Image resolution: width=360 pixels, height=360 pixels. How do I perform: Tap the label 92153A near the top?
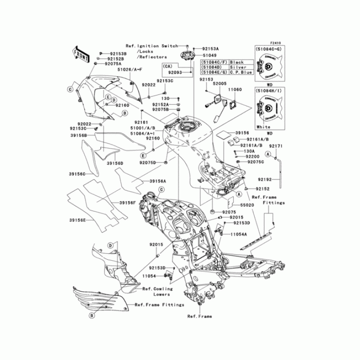[x=210, y=49]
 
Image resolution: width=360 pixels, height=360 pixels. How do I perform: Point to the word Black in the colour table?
[x=236, y=62]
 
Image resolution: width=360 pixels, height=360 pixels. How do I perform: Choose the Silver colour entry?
[x=237, y=67]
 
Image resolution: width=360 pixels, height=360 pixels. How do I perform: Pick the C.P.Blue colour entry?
[x=239, y=72]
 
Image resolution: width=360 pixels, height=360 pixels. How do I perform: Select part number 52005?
[x=220, y=84]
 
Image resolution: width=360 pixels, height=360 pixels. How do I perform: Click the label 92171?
[x=275, y=146]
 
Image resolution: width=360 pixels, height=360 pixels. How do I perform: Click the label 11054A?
[x=239, y=234]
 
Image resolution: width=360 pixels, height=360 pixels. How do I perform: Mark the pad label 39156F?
[x=127, y=202]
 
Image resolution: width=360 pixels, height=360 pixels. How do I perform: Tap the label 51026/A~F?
[x=130, y=69]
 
